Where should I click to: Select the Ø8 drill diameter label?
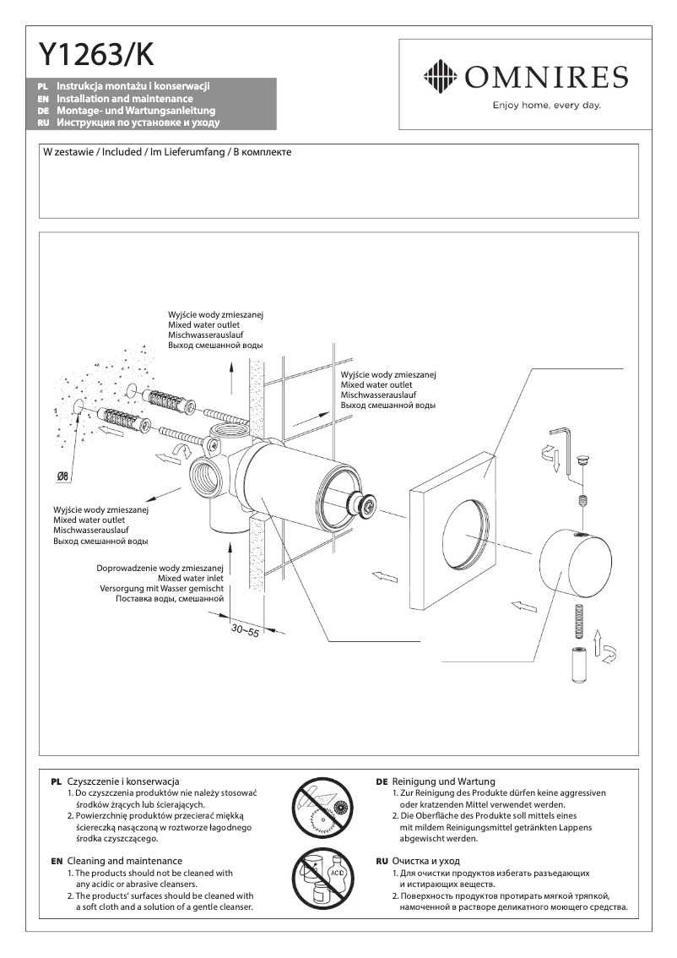(x=62, y=476)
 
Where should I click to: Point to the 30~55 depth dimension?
(x=245, y=631)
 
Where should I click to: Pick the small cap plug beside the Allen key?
(x=580, y=460)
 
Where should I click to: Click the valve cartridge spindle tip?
(x=365, y=505)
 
